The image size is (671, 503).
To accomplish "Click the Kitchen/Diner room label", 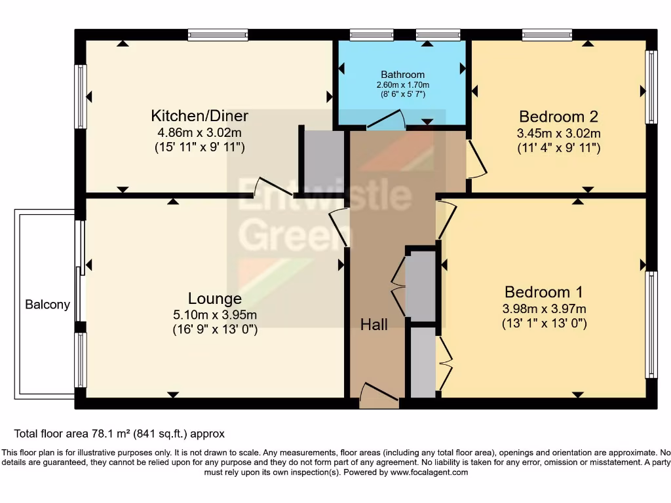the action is pyautogui.click(x=199, y=116).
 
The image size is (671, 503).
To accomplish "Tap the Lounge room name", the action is pyautogui.click(x=215, y=298).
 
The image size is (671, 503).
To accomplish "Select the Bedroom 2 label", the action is pyautogui.click(x=558, y=117).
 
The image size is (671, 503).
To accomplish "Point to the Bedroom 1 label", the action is pyautogui.click(x=543, y=292).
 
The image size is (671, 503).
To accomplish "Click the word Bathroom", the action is pyautogui.click(x=403, y=75).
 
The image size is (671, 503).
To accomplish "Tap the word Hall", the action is pyautogui.click(x=374, y=325).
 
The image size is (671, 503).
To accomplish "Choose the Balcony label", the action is pyautogui.click(x=47, y=305).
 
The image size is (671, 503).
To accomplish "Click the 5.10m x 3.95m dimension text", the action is pyautogui.click(x=215, y=315).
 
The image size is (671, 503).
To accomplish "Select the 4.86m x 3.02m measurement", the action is pyautogui.click(x=199, y=132).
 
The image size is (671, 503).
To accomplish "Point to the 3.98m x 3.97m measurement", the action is pyautogui.click(x=544, y=309).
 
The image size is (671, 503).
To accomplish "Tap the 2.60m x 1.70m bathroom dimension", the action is pyautogui.click(x=403, y=85).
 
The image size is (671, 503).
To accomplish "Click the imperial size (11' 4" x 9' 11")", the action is pyautogui.click(x=558, y=148).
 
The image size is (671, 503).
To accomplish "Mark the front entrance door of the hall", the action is pyautogui.click(x=379, y=396).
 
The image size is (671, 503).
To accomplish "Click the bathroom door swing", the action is pyautogui.click(x=386, y=120).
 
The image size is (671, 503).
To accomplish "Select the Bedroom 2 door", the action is pyautogui.click(x=476, y=158).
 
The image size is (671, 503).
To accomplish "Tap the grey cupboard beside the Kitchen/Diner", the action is pyautogui.click(x=324, y=158).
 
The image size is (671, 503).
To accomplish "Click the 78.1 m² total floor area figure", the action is pyautogui.click(x=111, y=434).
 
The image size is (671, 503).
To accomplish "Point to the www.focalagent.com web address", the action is pyautogui.click(x=429, y=472).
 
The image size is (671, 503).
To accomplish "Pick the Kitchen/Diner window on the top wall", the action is pyautogui.click(x=218, y=35).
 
